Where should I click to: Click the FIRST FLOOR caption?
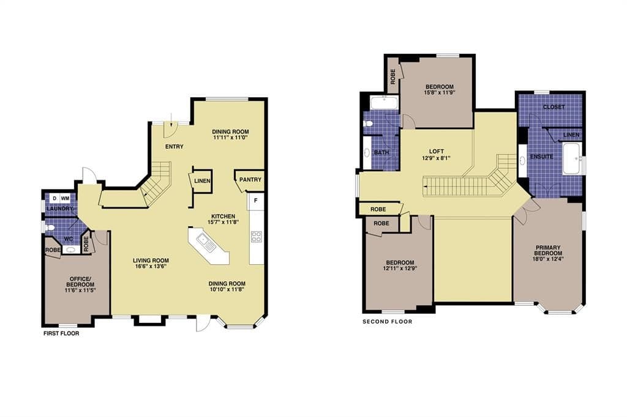61,333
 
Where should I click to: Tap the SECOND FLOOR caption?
387,321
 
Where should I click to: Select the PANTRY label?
250,180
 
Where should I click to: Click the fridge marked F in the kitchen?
255,201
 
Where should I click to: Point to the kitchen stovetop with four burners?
256,237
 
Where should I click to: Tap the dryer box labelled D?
54,198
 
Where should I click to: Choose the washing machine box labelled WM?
65,198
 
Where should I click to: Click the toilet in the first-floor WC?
50,228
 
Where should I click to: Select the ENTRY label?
175,147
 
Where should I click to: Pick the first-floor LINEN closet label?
202,181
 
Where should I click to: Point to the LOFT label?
436,152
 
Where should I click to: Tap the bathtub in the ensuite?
574,158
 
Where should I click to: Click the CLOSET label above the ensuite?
554,107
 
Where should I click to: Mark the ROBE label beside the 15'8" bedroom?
392,76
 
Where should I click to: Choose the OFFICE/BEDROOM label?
80,282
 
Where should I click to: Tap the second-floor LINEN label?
571,135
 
